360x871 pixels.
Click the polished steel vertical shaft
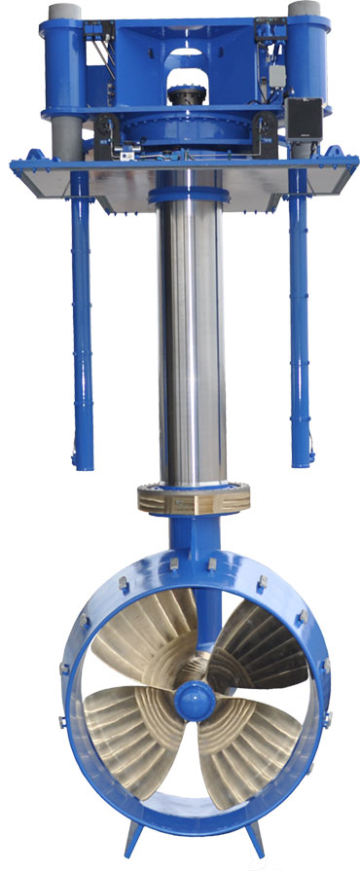(x=190, y=341)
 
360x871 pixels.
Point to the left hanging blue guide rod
(x=81, y=321)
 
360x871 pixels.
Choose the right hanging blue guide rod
(x=300, y=321)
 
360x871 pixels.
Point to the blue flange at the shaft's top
(x=189, y=197)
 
